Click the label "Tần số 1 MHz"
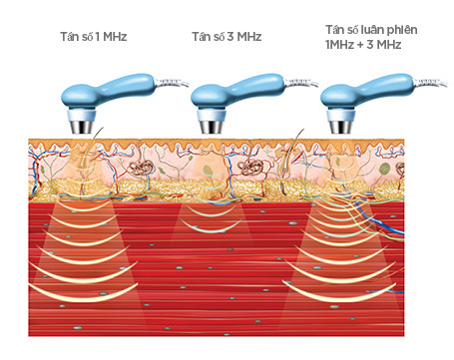pyautogui.click(x=93, y=37)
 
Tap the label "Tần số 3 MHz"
pyautogui.click(x=226, y=37)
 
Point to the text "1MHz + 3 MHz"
pyautogui.click(x=359, y=46)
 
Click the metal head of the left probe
pyautogui.click(x=82, y=126)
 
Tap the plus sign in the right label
pyautogui.click(x=358, y=46)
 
